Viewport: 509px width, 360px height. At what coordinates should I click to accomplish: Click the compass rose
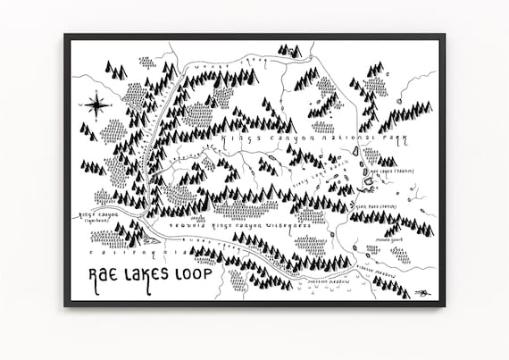(96, 105)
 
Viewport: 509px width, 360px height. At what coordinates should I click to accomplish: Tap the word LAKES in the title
(150, 274)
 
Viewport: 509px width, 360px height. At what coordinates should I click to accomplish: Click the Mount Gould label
(390, 239)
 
